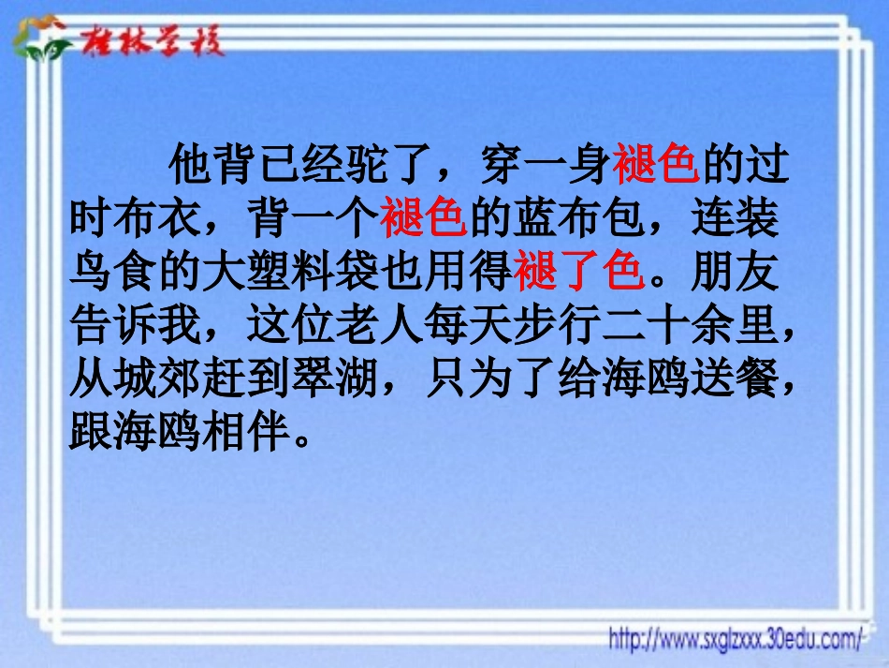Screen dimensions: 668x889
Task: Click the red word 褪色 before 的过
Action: click(x=656, y=167)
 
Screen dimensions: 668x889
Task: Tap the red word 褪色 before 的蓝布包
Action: click(x=423, y=219)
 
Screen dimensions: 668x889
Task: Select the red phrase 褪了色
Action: click(x=578, y=272)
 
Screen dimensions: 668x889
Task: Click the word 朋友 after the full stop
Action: click(x=733, y=272)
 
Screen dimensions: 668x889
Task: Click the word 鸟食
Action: click(x=113, y=272)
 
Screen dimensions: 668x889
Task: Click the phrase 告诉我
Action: click(x=136, y=324)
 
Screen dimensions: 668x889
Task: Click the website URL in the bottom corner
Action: click(x=736, y=640)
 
